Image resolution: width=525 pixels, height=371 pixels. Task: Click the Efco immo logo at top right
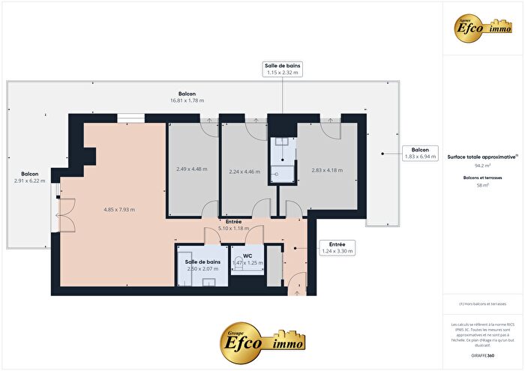[482, 26]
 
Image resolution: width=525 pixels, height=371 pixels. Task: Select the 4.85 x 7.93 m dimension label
[119, 210]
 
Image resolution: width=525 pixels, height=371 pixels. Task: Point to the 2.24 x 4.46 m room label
[244, 172]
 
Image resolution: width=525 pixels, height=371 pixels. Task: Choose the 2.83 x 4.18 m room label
[327, 170]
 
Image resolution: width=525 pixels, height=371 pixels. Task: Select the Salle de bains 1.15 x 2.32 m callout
[282, 70]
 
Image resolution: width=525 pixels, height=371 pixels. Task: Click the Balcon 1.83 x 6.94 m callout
[421, 153]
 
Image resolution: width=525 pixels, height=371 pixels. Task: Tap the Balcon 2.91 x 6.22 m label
[29, 177]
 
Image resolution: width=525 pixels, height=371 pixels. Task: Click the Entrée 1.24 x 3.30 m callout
[336, 248]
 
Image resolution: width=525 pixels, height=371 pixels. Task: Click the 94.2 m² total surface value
[481, 165]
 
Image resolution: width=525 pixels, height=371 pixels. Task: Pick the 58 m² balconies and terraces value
[481, 184]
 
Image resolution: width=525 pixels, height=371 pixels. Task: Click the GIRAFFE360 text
[482, 354]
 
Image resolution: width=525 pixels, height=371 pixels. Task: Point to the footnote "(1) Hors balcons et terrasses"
[482, 304]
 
